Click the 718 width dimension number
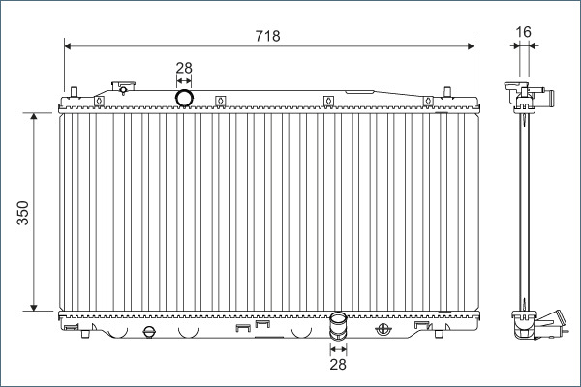pyautogui.click(x=267, y=36)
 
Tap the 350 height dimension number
pyautogui.click(x=23, y=213)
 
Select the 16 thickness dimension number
pyautogui.click(x=523, y=32)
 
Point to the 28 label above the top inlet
pyautogui.click(x=184, y=68)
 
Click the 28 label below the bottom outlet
pyautogui.click(x=338, y=364)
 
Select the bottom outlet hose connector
pyautogui.click(x=338, y=326)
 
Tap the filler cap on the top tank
pyautogui.click(x=123, y=87)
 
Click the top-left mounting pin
pyautogui.click(x=75, y=92)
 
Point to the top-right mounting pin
pyautogui.click(x=447, y=92)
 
